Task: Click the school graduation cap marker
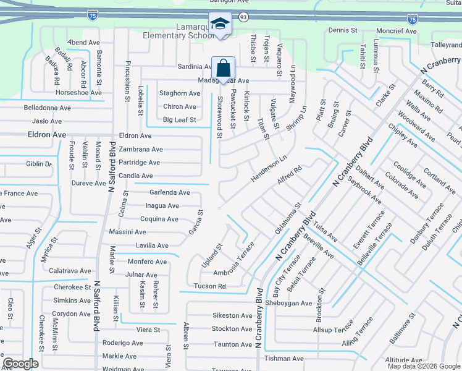click(220, 24)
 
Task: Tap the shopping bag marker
click(223, 68)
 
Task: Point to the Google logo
click(21, 364)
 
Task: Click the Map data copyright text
click(424, 366)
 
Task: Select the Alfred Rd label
click(289, 174)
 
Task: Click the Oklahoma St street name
click(288, 218)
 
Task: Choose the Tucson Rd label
click(210, 286)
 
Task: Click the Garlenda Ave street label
click(170, 192)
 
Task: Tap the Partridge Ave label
click(140, 163)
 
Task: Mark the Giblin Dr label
click(38, 164)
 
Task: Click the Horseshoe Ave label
click(78, 93)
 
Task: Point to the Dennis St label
click(343, 30)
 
